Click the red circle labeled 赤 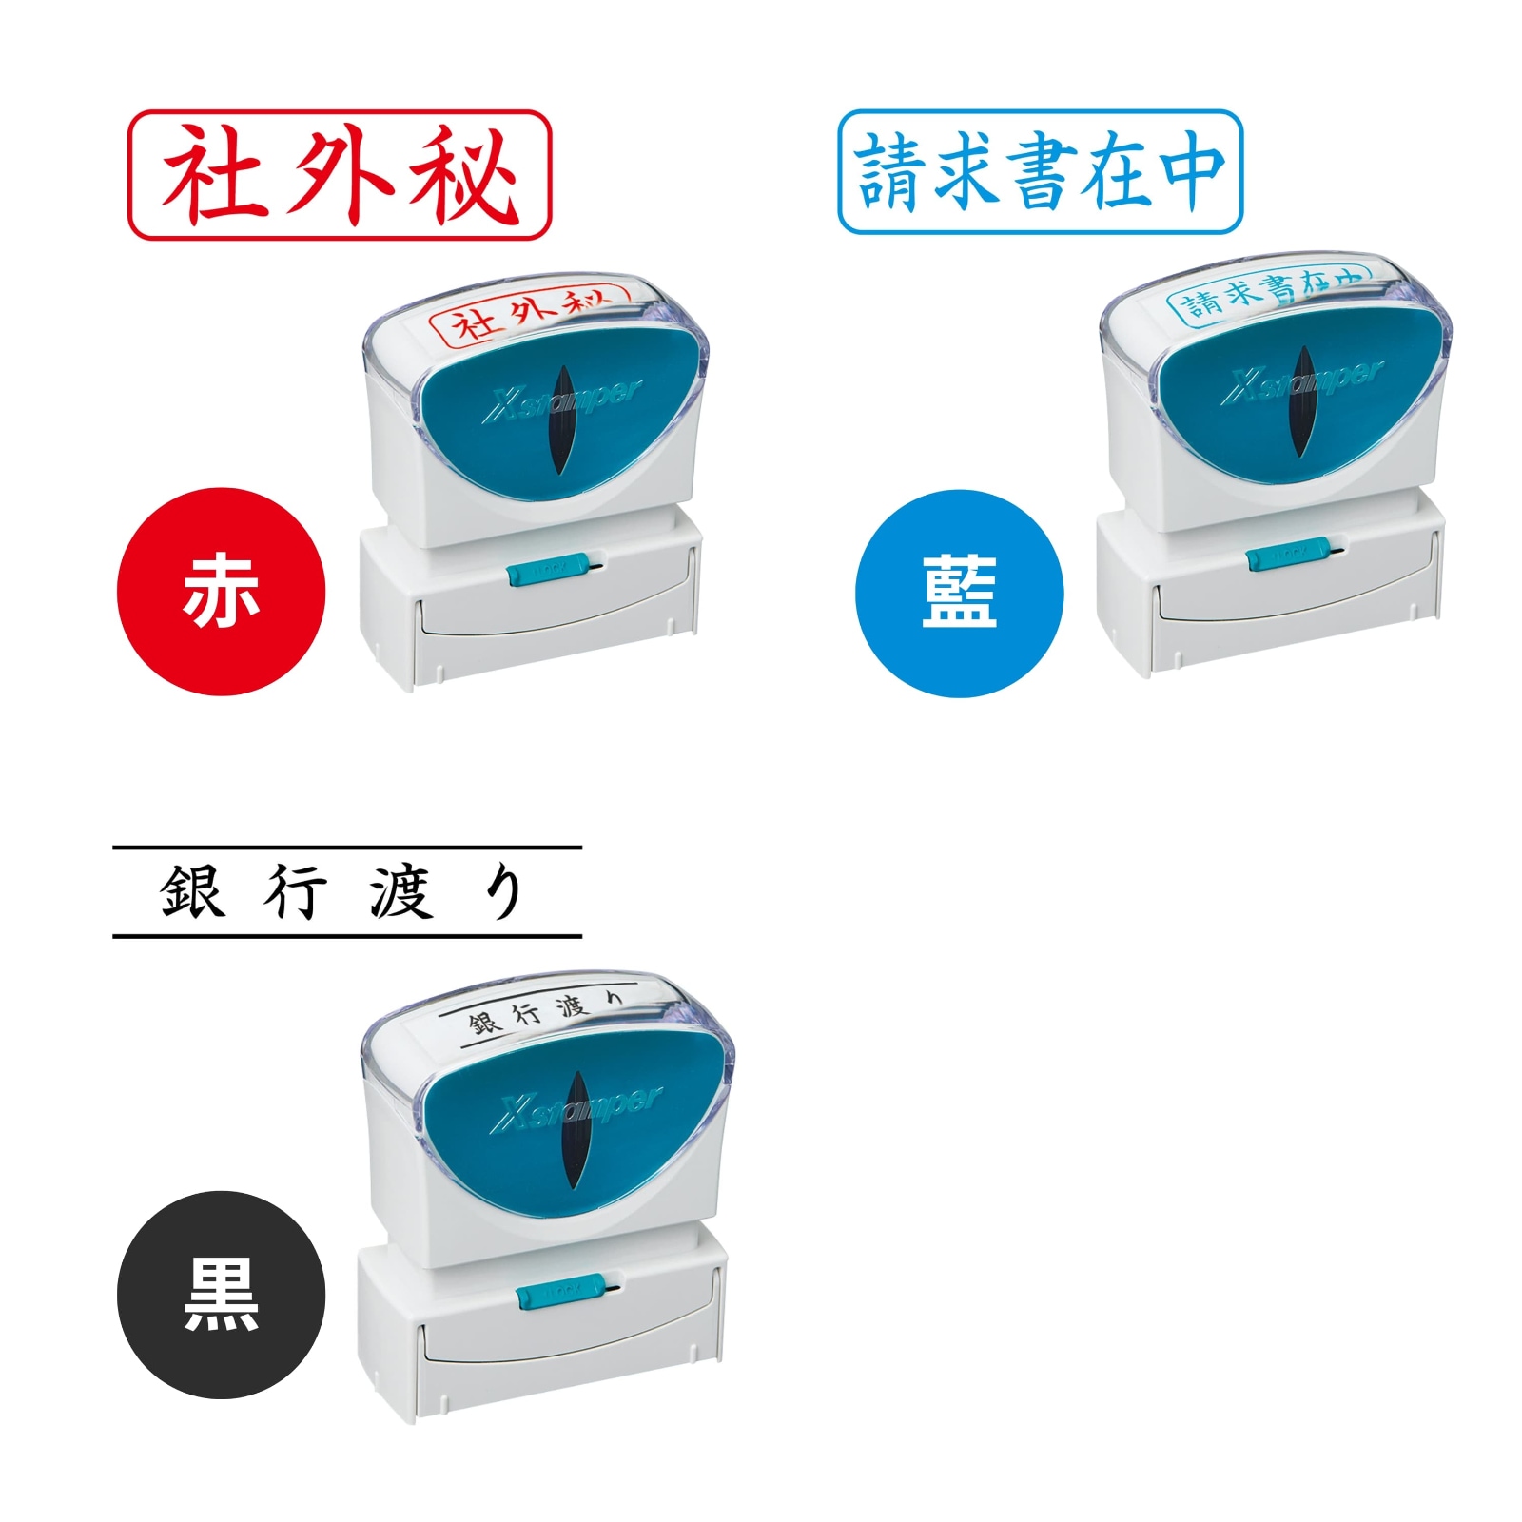coord(221,592)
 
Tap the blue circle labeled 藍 coord(959,593)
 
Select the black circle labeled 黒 coord(221,1294)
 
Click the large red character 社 coord(211,175)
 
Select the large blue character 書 coord(1042,171)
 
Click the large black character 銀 coord(192,892)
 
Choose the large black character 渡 coord(400,892)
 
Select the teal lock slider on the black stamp coord(560,1292)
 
